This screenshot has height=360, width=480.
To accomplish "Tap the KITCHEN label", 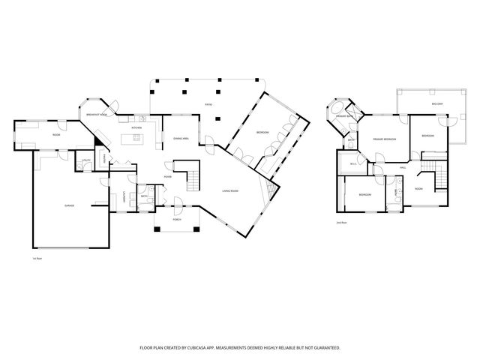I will pos(136,127).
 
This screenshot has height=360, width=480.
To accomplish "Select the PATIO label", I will pos(209,104).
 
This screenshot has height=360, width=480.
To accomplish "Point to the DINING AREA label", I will pos(181,139).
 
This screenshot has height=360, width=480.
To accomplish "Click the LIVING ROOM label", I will pos(230,190).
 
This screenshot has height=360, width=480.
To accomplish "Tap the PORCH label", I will pos(177,219).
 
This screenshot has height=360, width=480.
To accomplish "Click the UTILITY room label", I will pos(87,160).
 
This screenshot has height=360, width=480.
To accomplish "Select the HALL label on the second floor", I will pos(403,167).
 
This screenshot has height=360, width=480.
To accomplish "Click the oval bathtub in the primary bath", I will pos(332,117).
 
